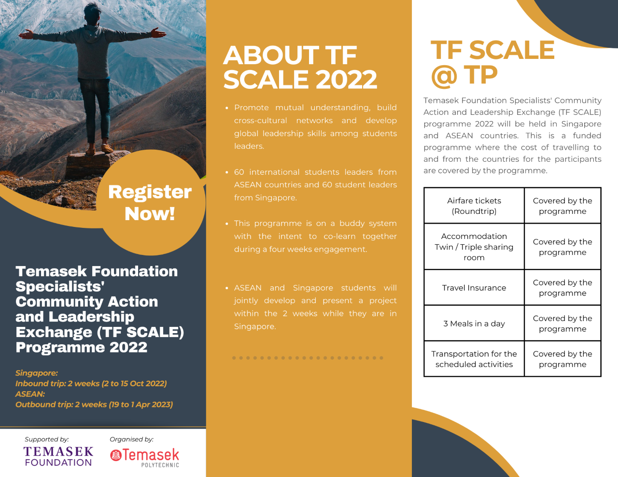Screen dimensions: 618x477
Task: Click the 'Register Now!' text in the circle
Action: [x=150, y=203]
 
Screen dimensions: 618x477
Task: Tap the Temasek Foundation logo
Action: [x=58, y=456]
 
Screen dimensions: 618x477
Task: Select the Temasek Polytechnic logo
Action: [x=144, y=458]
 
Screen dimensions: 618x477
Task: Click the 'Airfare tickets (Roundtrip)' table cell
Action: [x=474, y=206]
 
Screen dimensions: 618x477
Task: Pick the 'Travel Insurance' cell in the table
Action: [x=474, y=288]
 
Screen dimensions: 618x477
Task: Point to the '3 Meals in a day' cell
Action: [x=474, y=323]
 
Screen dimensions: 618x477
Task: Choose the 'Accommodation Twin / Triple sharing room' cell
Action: [x=474, y=247]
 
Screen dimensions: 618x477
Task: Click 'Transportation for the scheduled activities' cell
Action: [x=474, y=359]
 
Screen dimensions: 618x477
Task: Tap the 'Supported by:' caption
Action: [x=47, y=439]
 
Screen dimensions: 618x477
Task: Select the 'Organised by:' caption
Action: [x=131, y=439]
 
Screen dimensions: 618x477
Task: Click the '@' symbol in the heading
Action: [x=444, y=76]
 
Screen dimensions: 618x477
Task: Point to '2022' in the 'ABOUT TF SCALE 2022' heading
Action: [x=346, y=79]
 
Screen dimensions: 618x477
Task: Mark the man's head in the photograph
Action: [x=92, y=13]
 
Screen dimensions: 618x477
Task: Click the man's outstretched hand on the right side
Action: [x=158, y=33]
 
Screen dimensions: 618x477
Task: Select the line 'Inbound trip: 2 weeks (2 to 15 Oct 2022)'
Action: [x=91, y=383]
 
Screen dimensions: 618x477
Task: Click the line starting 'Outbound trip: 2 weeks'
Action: [x=94, y=405]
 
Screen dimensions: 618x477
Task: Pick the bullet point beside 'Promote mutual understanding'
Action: [x=226, y=108]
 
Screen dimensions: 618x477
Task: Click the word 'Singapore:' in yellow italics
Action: [x=37, y=373]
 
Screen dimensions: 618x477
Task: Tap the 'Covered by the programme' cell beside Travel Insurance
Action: [x=562, y=288]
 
